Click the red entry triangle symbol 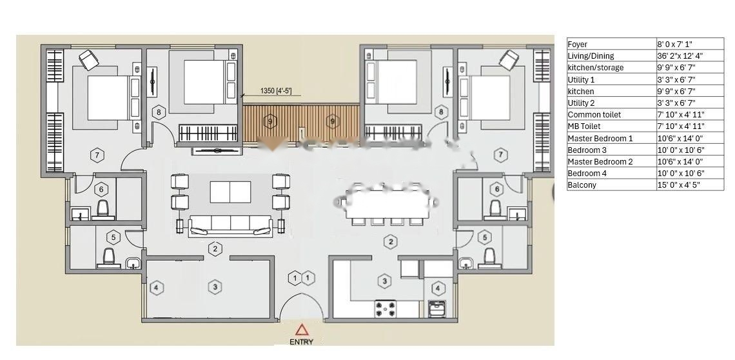click(x=302, y=330)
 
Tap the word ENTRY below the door click(x=301, y=342)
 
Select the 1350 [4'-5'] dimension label click(x=276, y=90)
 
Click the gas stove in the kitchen click(x=386, y=309)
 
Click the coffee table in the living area click(x=230, y=192)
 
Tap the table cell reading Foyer click(x=578, y=44)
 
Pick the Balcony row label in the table click(x=582, y=185)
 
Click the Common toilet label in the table click(x=594, y=115)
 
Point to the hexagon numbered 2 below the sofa click(x=215, y=249)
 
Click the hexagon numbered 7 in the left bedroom click(x=97, y=155)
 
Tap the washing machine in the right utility click(x=437, y=309)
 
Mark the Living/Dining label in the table click(x=591, y=56)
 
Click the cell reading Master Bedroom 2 click(x=600, y=161)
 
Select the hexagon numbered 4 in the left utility click(x=157, y=287)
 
